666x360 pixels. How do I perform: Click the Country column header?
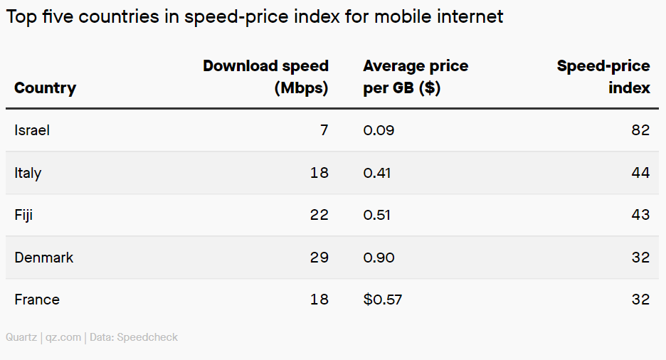[45, 88]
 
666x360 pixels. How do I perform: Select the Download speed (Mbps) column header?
[265, 77]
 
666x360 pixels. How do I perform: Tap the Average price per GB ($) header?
[416, 77]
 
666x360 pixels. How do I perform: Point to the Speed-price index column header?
[603, 77]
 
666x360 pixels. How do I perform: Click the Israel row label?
[32, 130]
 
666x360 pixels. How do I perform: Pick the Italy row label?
[28, 173]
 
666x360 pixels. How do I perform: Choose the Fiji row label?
[23, 215]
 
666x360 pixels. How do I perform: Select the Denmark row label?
[43, 258]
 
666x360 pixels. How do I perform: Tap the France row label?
[37, 300]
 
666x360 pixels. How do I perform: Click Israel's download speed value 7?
[324, 130]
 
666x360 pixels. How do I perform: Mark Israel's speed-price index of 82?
[640, 130]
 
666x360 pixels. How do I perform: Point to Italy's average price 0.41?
[377, 173]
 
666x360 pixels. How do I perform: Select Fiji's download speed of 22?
[319, 215]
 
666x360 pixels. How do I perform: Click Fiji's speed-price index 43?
[640, 215]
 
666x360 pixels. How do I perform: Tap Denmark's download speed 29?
[319, 258]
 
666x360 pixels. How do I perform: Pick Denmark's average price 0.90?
[379, 258]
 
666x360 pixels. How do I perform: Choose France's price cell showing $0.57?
[382, 300]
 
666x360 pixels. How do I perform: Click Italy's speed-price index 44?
[640, 173]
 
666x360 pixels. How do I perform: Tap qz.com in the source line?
[63, 337]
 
